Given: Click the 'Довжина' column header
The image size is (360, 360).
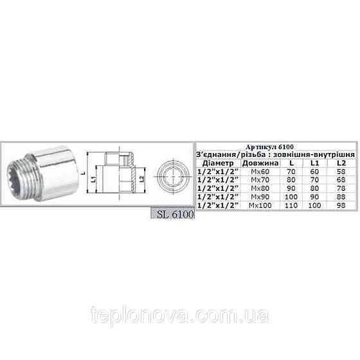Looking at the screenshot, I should tap(256, 163).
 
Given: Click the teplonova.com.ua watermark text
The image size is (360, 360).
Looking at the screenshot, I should tap(179, 315).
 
